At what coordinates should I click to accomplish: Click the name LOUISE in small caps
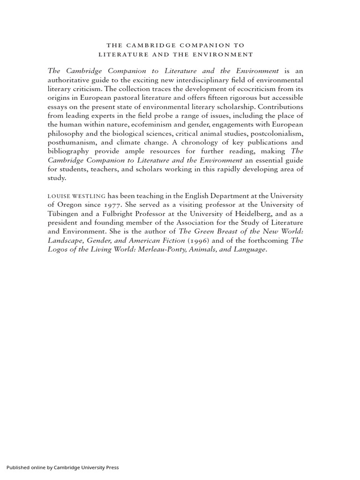[58, 195]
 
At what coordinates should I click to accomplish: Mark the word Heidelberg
[243, 213]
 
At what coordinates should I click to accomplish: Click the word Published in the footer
[17, 467]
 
